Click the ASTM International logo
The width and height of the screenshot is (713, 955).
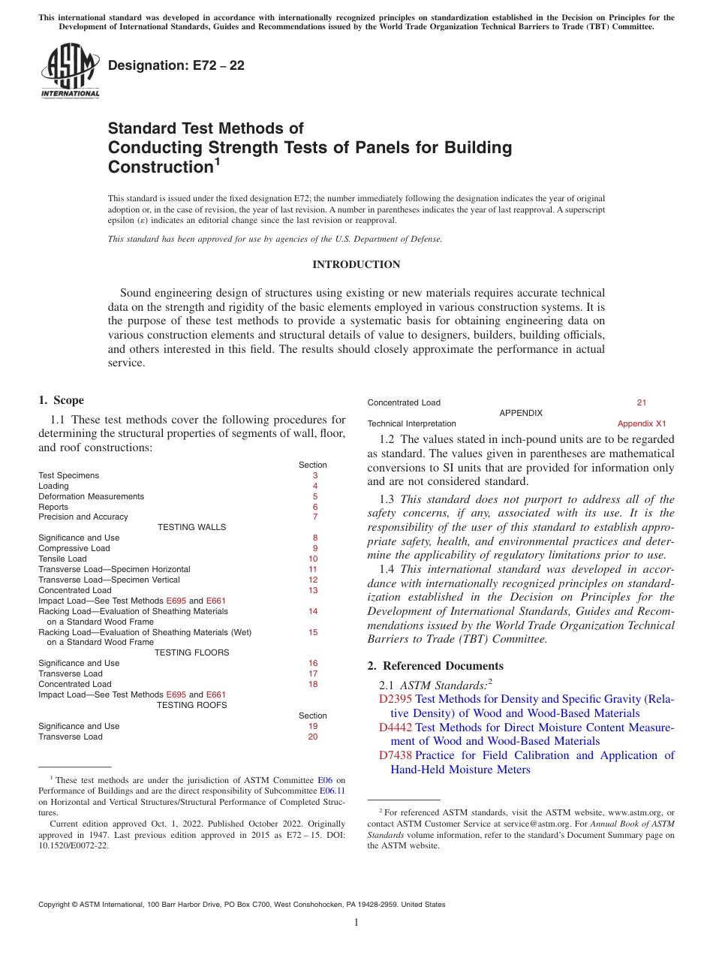(x=70, y=71)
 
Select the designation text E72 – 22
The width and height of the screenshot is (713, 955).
(x=176, y=66)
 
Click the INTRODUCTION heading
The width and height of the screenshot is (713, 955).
(x=356, y=265)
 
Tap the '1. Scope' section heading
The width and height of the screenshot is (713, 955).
(x=61, y=400)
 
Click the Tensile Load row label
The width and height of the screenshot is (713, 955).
(x=62, y=559)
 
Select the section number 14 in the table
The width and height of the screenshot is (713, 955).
(x=313, y=612)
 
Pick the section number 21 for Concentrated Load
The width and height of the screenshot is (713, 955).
(x=642, y=403)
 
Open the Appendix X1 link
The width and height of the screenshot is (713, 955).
(x=642, y=424)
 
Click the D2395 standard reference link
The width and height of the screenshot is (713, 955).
(x=396, y=699)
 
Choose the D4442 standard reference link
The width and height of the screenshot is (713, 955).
(x=396, y=728)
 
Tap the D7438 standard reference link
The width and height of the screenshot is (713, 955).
(x=396, y=755)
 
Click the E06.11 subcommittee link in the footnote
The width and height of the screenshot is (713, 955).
(x=332, y=791)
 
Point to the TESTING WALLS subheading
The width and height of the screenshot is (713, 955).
(x=191, y=527)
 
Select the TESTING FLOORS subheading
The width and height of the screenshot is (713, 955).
(x=191, y=653)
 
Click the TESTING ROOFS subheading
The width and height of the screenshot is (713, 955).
(x=191, y=705)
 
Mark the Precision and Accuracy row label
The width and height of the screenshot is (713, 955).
(x=83, y=517)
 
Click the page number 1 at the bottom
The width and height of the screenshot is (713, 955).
(x=356, y=923)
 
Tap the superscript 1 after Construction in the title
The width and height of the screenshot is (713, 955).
(x=217, y=161)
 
